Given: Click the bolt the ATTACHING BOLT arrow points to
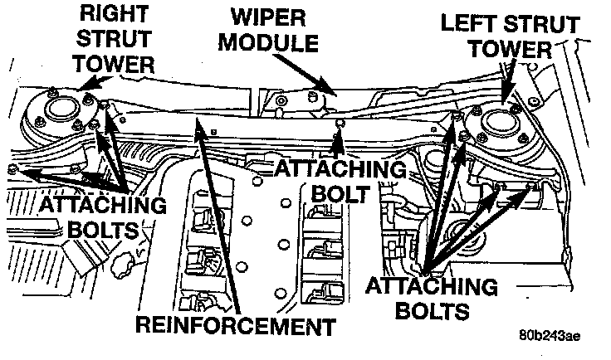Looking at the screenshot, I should click(338, 127).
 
